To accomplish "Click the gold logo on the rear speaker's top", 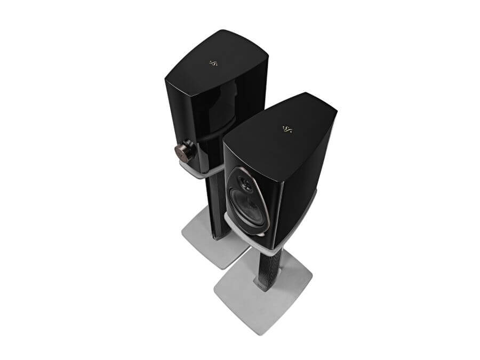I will click(x=213, y=63).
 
